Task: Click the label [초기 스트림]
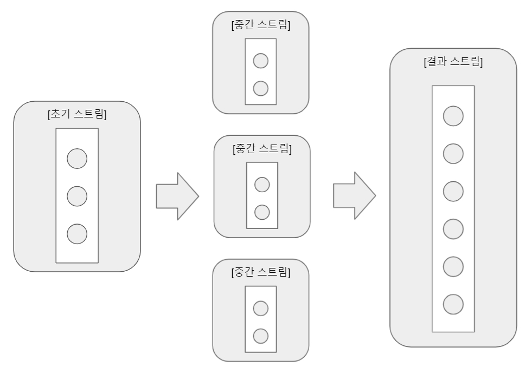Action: tap(77, 114)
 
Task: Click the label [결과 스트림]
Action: tap(453, 62)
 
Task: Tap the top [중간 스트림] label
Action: tap(260, 25)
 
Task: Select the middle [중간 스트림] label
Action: tap(262, 148)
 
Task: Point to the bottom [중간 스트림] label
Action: tap(260, 272)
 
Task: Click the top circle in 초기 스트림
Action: tap(77, 158)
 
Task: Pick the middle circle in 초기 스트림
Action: tap(77, 196)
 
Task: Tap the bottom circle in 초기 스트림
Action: tap(77, 234)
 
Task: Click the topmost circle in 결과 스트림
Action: tap(453, 116)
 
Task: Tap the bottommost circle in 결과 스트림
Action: tap(453, 304)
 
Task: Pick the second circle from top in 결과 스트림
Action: tap(453, 154)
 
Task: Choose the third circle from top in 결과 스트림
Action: tap(453, 191)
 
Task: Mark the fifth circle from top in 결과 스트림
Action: tap(453, 266)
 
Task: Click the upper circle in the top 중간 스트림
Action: tap(261, 61)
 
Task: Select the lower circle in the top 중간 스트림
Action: tap(261, 87)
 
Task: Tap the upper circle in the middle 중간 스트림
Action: tap(262, 185)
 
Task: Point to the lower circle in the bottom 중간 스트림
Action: tap(261, 336)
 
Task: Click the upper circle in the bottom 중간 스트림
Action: tap(261, 309)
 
